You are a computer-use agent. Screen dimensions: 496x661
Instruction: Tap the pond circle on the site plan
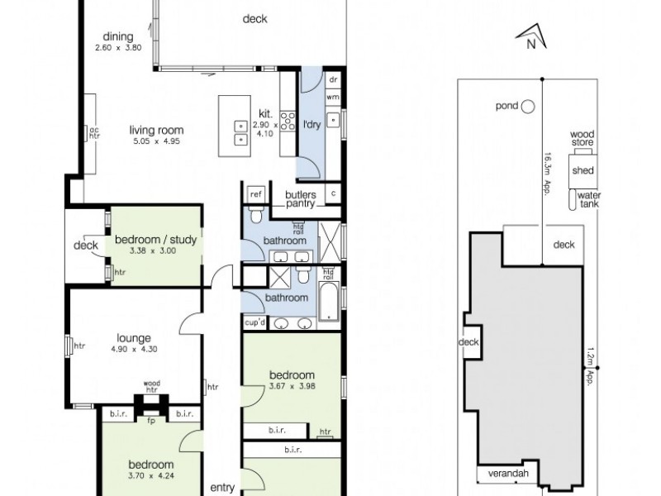pyautogui.click(x=528, y=106)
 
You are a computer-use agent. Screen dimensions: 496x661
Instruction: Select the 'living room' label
pyautogui.click(x=156, y=130)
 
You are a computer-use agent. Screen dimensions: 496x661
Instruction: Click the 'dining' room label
pyautogui.click(x=119, y=36)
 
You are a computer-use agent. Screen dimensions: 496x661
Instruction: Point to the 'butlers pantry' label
pyautogui.click(x=300, y=199)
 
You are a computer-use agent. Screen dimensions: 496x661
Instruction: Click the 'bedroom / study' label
pyautogui.click(x=155, y=241)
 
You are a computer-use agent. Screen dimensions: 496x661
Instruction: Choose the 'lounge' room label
pyautogui.click(x=133, y=337)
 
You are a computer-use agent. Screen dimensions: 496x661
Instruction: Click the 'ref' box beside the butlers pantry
pyautogui.click(x=254, y=194)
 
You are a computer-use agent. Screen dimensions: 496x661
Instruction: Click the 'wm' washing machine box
pyautogui.click(x=333, y=97)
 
